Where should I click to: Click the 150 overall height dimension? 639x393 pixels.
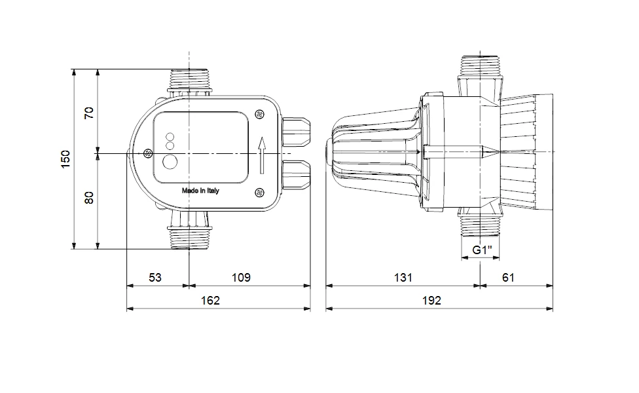point(65,159)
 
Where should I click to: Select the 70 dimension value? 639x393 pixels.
point(89,113)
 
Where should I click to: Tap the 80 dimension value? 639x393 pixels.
point(89,198)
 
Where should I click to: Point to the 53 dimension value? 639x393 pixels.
point(155,278)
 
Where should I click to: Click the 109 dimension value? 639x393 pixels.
point(241,278)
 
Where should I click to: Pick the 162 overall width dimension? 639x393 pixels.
point(210,301)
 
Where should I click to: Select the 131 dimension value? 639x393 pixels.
point(403,278)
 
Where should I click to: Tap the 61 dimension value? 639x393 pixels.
point(508,278)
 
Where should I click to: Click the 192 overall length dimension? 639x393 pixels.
point(431,301)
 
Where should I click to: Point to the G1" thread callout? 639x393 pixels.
point(482,250)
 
